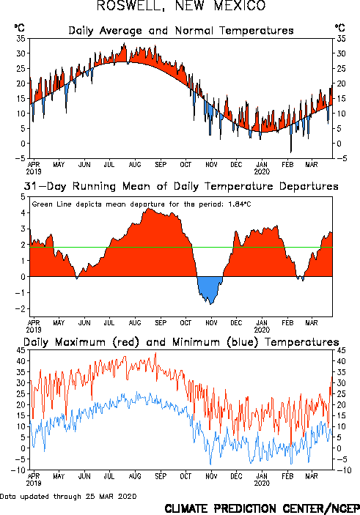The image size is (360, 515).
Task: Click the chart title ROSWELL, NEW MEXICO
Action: tap(181, 6)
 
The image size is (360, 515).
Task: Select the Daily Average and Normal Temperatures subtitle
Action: tap(181, 31)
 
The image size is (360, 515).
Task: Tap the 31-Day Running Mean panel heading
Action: tap(181, 186)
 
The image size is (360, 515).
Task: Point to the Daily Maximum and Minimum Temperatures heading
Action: tap(181, 342)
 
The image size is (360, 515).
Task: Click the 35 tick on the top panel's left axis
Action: tap(21, 38)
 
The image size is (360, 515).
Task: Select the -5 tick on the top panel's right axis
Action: tap(341, 158)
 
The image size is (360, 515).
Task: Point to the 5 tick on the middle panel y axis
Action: tap(23, 197)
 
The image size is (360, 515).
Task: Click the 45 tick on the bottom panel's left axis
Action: tap(21, 350)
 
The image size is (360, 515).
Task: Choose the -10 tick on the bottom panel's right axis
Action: tap(343, 470)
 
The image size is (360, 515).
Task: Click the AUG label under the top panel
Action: tap(135, 164)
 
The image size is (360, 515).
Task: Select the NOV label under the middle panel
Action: tap(211, 322)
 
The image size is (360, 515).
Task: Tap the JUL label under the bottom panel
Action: tap(109, 476)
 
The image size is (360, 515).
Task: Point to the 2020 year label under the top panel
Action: tap(262, 171)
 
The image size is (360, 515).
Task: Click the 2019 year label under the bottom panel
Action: tap(34, 483)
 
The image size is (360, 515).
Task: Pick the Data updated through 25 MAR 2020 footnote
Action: tap(68, 496)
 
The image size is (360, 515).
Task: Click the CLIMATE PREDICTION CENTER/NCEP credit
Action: tap(262, 508)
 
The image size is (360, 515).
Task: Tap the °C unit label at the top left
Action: tap(19, 28)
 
